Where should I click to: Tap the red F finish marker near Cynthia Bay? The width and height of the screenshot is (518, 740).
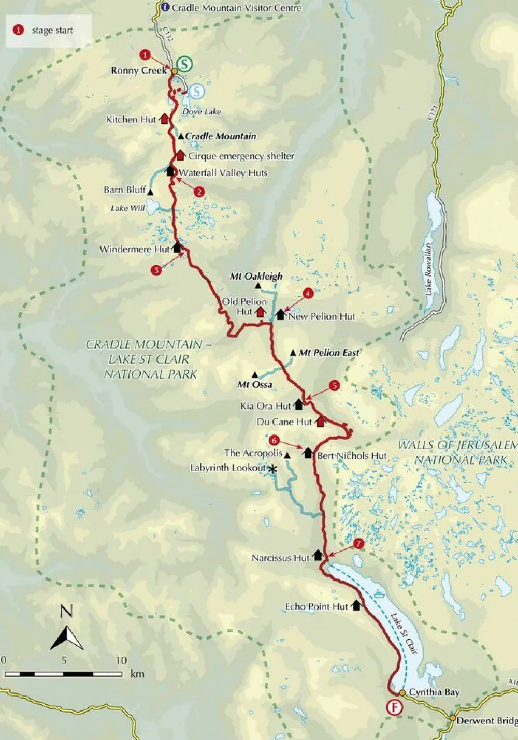pyautogui.click(x=395, y=708)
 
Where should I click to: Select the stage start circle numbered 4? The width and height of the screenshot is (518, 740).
pyautogui.click(x=308, y=294)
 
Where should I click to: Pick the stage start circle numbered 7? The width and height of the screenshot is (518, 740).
pyautogui.click(x=358, y=544)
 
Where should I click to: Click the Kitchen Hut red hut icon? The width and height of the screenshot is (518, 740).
pyautogui.click(x=164, y=119)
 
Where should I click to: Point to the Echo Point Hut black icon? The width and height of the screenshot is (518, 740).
pyautogui.click(x=356, y=605)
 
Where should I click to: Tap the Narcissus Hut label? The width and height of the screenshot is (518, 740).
pyautogui.click(x=280, y=558)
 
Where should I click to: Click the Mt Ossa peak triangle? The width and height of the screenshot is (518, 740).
pyautogui.click(x=254, y=374)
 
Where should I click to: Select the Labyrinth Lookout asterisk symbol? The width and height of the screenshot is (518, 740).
pyautogui.click(x=271, y=469)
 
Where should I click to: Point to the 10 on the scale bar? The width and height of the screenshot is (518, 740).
pyautogui.click(x=121, y=660)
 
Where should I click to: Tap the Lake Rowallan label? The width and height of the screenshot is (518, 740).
pyautogui.click(x=429, y=269)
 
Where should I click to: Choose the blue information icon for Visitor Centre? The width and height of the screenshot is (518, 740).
pyautogui.click(x=165, y=7)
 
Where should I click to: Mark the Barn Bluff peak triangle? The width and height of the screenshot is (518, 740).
pyautogui.click(x=150, y=192)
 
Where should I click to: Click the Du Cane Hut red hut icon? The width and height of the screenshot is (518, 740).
pyautogui.click(x=320, y=422)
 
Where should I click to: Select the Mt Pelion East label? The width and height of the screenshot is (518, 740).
pyautogui.click(x=329, y=353)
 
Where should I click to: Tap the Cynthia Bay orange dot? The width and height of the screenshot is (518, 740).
pyautogui.click(x=402, y=692)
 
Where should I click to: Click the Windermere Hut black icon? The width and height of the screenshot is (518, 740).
pyautogui.click(x=177, y=248)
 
